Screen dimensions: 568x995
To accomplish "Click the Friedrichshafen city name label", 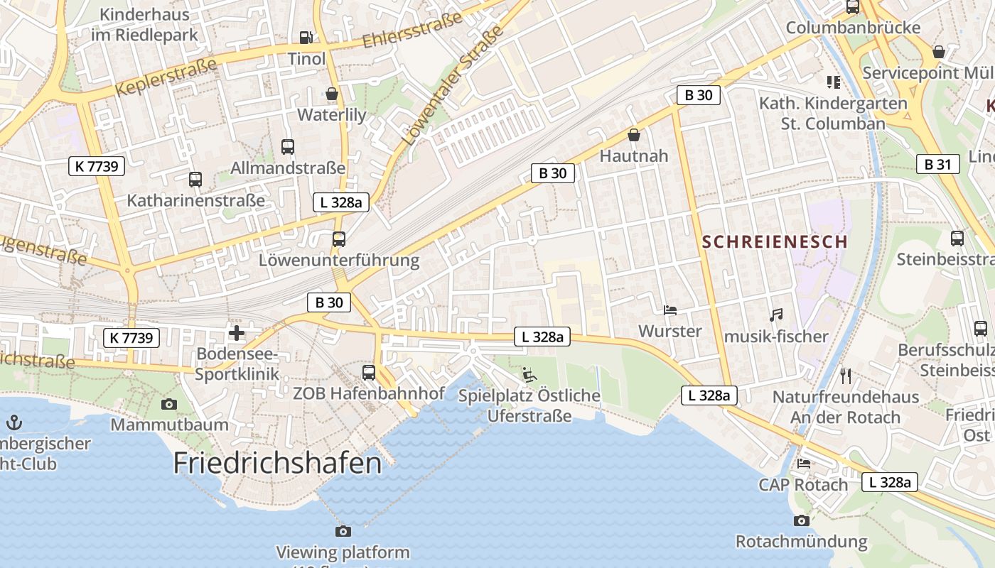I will click(x=277, y=463).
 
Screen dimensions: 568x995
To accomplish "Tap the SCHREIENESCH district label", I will click(x=775, y=241).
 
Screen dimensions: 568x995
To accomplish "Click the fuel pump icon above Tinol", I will click(x=306, y=37).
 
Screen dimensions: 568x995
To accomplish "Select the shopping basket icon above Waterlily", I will click(x=331, y=94).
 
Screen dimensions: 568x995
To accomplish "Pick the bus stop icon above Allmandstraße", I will click(x=287, y=147).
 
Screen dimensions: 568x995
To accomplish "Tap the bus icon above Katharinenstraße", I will click(x=195, y=180).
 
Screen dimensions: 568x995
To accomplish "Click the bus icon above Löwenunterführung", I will click(x=339, y=239).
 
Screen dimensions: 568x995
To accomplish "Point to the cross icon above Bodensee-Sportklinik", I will click(x=237, y=332).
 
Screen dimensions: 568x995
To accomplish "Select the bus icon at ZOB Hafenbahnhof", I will click(x=369, y=372).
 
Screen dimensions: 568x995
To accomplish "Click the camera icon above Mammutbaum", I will click(x=168, y=404).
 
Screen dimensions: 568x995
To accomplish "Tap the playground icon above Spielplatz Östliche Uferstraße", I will click(x=529, y=374).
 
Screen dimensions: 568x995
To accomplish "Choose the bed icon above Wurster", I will click(x=669, y=310).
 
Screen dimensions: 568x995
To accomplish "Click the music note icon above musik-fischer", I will click(x=776, y=315).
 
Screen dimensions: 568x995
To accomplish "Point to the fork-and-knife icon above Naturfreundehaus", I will click(x=845, y=376).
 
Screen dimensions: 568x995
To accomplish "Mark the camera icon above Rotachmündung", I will click(x=802, y=520).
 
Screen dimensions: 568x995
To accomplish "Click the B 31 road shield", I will click(x=937, y=165).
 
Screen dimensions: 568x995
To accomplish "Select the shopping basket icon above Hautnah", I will click(x=634, y=135).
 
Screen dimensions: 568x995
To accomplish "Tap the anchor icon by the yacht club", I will click(x=14, y=423).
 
